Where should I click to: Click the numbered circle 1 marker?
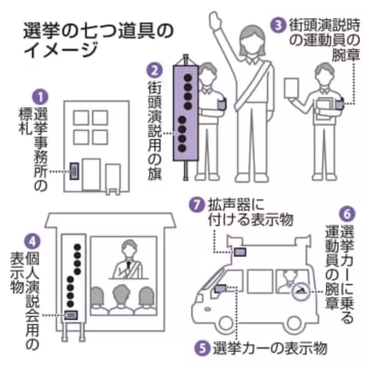[x=40, y=97]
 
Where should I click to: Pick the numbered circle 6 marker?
[x=347, y=214]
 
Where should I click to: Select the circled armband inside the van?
[x=300, y=293]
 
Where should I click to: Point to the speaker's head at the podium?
[x=129, y=248]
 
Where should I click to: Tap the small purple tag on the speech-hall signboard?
[x=72, y=315]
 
